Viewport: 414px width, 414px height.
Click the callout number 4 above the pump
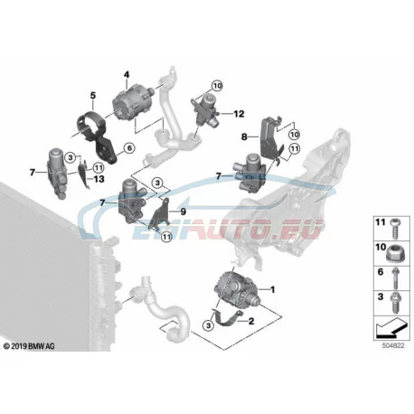point(127,74)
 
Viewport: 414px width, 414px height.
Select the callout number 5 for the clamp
point(93,96)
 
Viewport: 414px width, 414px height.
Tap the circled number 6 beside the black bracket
point(129,148)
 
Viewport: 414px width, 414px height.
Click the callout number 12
point(239,114)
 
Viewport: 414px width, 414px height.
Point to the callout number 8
point(244,137)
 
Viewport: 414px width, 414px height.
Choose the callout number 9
point(183,212)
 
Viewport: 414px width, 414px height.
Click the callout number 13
point(99,179)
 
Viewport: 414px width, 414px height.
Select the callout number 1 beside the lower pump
point(273,289)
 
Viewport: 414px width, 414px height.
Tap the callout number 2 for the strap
point(251,321)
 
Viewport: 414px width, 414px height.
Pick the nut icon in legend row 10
point(396,253)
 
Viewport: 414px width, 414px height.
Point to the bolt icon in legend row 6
point(395,278)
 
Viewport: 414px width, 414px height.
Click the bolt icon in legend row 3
point(395,303)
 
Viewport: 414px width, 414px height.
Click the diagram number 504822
point(393,346)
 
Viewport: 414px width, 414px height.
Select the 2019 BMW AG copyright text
point(29,346)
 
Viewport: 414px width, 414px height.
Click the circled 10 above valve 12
point(217,86)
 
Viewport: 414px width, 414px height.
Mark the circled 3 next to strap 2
point(208,325)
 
